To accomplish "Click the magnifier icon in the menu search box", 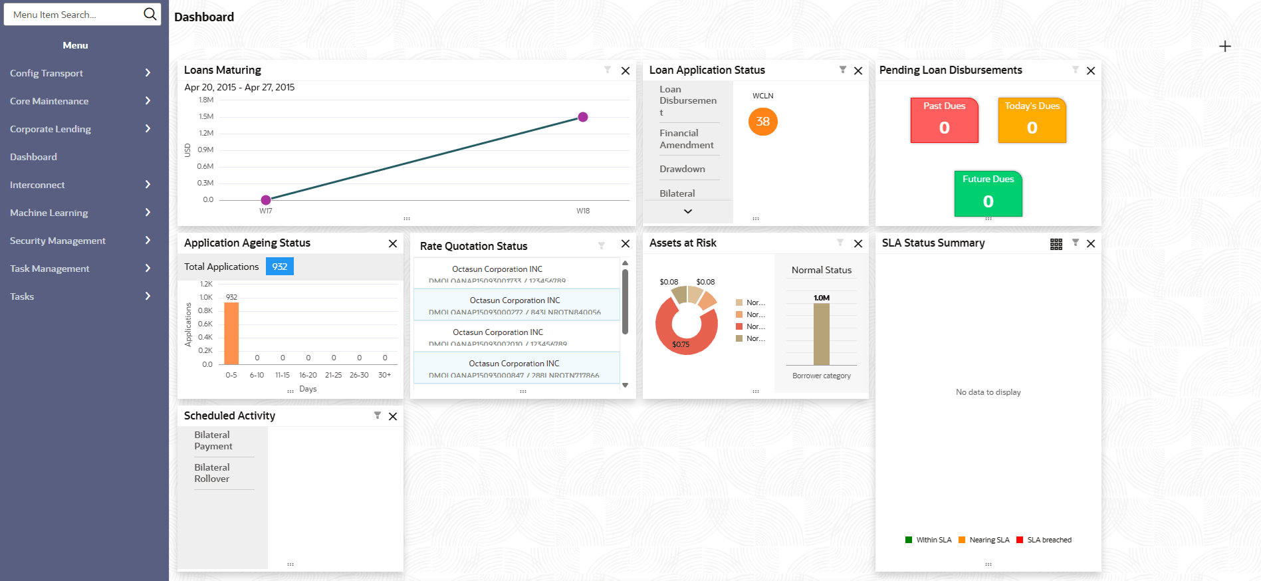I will [x=150, y=14].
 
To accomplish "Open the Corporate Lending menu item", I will [x=51, y=129].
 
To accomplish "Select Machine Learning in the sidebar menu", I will [x=49, y=213].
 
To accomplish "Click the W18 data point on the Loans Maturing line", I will [x=583, y=117].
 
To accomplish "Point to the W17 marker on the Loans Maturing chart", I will [x=266, y=199].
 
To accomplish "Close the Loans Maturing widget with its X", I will [x=626, y=70].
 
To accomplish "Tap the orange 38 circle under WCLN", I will [x=762, y=122].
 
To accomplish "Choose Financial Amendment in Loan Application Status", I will [x=687, y=139].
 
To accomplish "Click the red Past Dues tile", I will [x=944, y=120].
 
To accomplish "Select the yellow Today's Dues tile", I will [x=1032, y=120].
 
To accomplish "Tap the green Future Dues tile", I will [x=988, y=194].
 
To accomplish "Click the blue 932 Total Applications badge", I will [x=280, y=267].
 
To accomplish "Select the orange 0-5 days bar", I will [x=231, y=333].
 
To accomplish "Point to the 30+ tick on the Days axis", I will [x=385, y=375].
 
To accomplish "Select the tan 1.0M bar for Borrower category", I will [x=822, y=334].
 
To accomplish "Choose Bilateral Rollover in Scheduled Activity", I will [x=212, y=473].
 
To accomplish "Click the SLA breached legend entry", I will [x=1044, y=540].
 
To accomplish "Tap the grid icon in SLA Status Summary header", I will [x=1056, y=244].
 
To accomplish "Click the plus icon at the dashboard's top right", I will [x=1225, y=46].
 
